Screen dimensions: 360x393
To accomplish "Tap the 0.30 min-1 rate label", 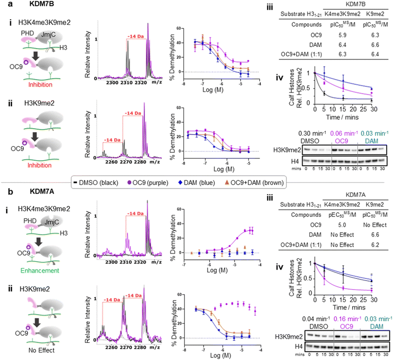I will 310,133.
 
